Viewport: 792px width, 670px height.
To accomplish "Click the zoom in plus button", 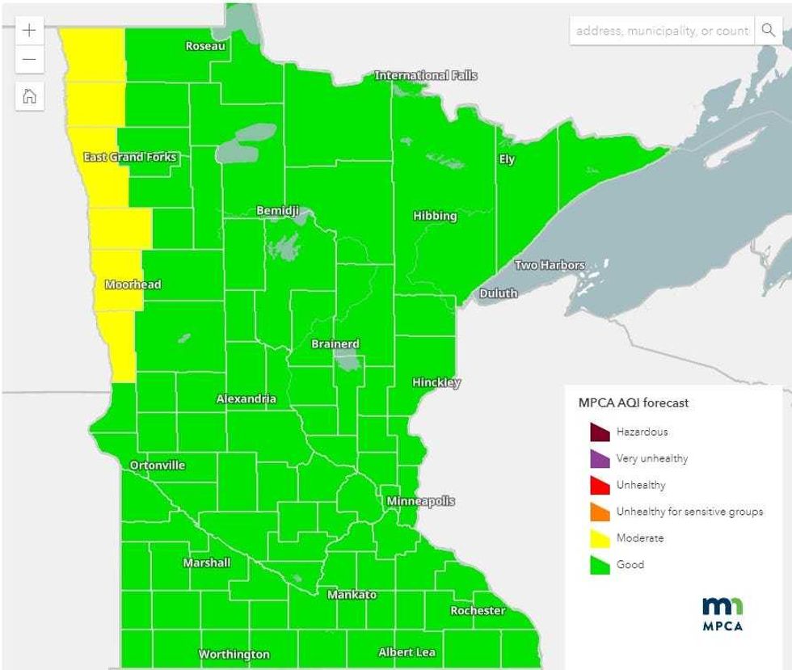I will (29, 31).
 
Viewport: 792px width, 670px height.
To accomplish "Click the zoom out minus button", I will (29, 60).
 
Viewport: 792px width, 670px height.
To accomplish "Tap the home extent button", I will (29, 96).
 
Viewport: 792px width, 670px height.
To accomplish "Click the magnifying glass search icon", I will (768, 31).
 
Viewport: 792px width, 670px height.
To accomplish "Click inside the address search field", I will (661, 31).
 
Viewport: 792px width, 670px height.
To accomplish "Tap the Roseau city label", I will (205, 46).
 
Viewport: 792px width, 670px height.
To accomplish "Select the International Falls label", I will (426, 75).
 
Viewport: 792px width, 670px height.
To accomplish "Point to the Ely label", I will (507, 159).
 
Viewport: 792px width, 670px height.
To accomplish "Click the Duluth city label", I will (499, 293).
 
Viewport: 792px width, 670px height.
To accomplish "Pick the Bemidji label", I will (278, 210).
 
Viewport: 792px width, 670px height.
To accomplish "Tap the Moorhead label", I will (133, 284).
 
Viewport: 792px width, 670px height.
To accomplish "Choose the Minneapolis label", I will (420, 501).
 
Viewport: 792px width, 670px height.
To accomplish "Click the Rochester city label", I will (478, 610).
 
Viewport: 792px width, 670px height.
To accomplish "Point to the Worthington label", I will (234, 654).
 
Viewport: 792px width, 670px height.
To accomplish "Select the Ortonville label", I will (158, 465).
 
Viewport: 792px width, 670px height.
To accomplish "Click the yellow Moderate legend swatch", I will (599, 538).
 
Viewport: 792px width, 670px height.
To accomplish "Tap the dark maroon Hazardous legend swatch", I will (599, 432).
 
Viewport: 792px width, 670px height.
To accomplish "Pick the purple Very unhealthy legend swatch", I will (599, 459).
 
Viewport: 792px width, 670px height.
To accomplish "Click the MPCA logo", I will (722, 613).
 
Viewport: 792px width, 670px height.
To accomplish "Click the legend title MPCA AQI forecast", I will (634, 402).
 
